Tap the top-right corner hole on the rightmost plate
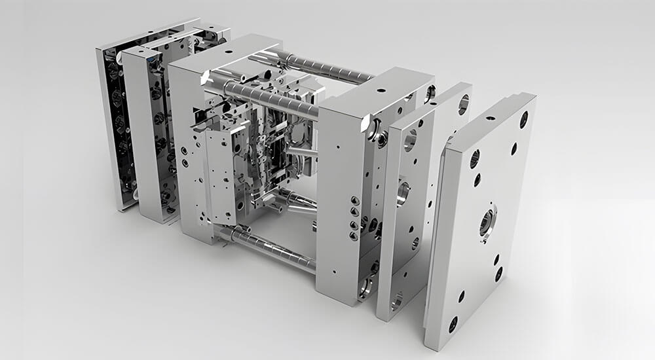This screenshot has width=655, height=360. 523,120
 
